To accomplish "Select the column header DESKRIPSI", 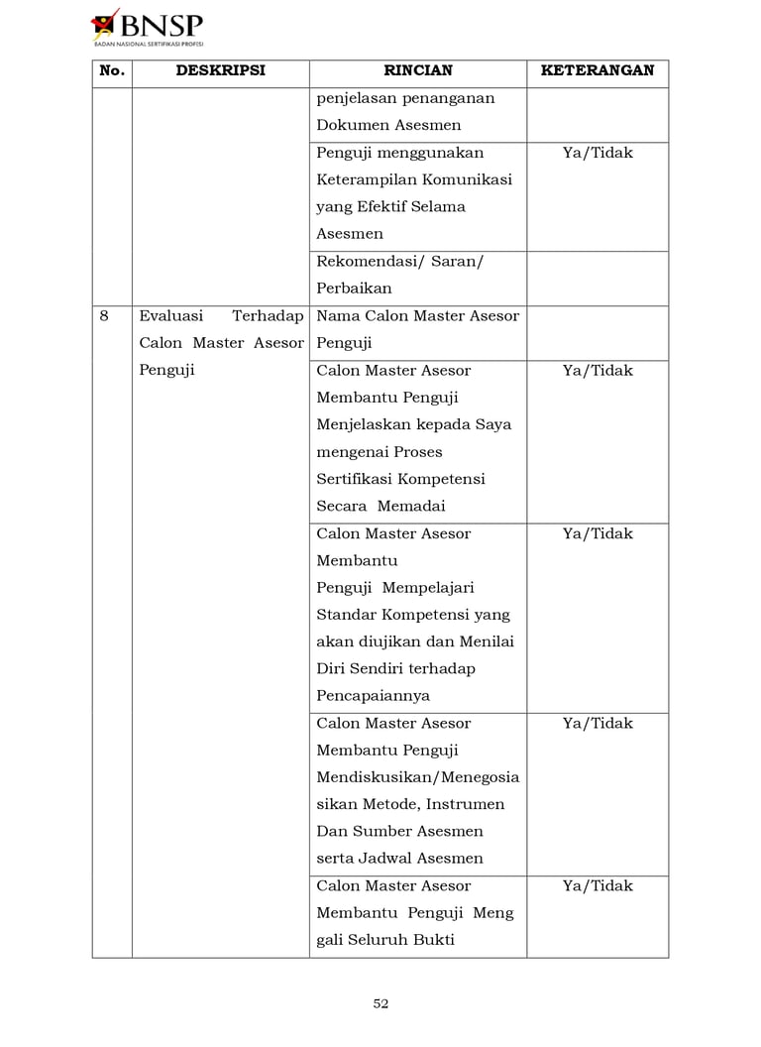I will (220, 71).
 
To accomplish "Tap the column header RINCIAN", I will (417, 71).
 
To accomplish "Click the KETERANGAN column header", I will (598, 71).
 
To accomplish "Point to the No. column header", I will (112, 71).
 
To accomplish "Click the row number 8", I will (104, 316).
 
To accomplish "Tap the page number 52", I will (380, 1003).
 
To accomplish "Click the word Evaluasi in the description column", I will (171, 316).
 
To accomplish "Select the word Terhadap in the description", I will (268, 316).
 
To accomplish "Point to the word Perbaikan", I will (354, 289).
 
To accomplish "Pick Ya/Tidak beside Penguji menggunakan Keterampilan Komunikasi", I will (598, 153).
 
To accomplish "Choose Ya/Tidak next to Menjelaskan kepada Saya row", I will (598, 371).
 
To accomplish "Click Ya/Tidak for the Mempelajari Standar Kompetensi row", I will (598, 533).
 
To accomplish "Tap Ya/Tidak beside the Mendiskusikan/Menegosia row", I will (598, 724).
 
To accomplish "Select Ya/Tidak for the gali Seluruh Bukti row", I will (598, 886).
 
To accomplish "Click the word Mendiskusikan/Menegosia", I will (417, 777).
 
